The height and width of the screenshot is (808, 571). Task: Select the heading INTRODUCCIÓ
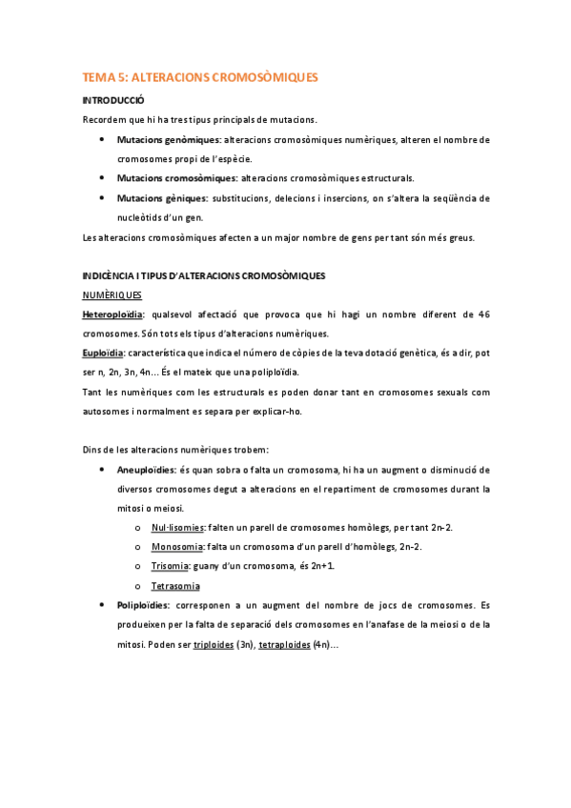click(x=113, y=100)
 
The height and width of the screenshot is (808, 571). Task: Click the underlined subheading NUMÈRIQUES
click(x=112, y=295)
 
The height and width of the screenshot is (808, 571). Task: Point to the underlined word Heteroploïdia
click(x=112, y=314)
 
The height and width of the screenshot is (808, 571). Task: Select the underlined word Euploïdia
click(x=103, y=353)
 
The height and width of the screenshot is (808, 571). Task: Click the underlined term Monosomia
click(x=177, y=546)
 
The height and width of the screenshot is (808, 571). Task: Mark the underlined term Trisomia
click(x=172, y=566)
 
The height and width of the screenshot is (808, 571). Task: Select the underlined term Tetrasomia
click(x=175, y=585)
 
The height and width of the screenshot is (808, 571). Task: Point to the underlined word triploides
click(x=213, y=644)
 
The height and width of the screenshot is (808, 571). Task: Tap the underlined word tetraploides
click(x=285, y=644)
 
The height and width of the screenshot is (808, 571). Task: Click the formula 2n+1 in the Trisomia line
click(x=320, y=566)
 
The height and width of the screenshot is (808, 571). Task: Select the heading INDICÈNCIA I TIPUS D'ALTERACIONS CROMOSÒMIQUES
click(x=204, y=275)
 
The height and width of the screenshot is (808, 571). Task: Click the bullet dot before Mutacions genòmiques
click(x=102, y=140)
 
